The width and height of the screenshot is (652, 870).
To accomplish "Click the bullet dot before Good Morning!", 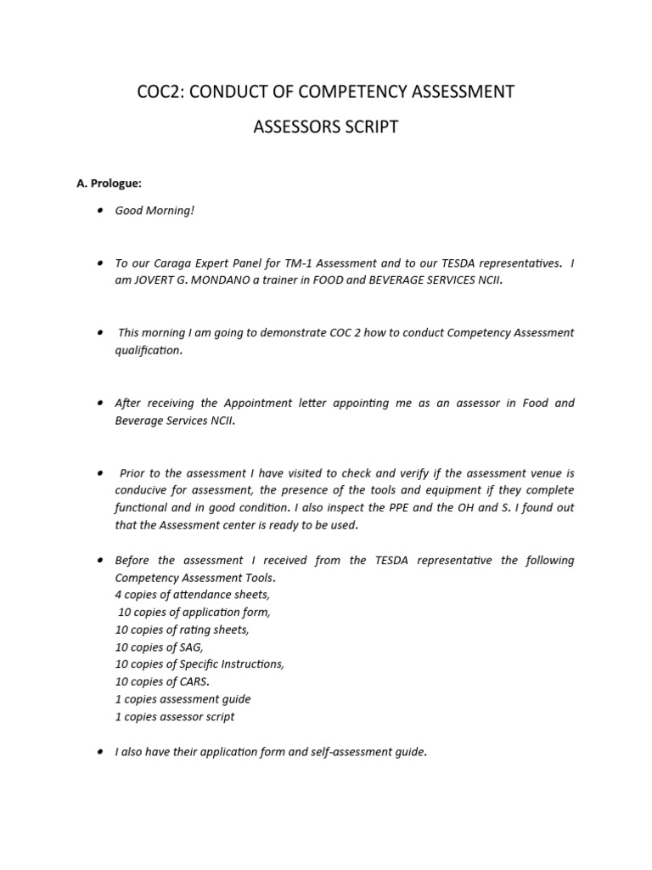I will [100, 210].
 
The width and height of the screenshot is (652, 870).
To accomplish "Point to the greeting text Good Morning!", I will [155, 210].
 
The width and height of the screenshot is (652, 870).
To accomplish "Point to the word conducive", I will [140, 491].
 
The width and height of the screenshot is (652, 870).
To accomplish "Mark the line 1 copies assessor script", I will [175, 716].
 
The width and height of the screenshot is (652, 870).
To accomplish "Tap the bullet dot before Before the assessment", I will [100, 561].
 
